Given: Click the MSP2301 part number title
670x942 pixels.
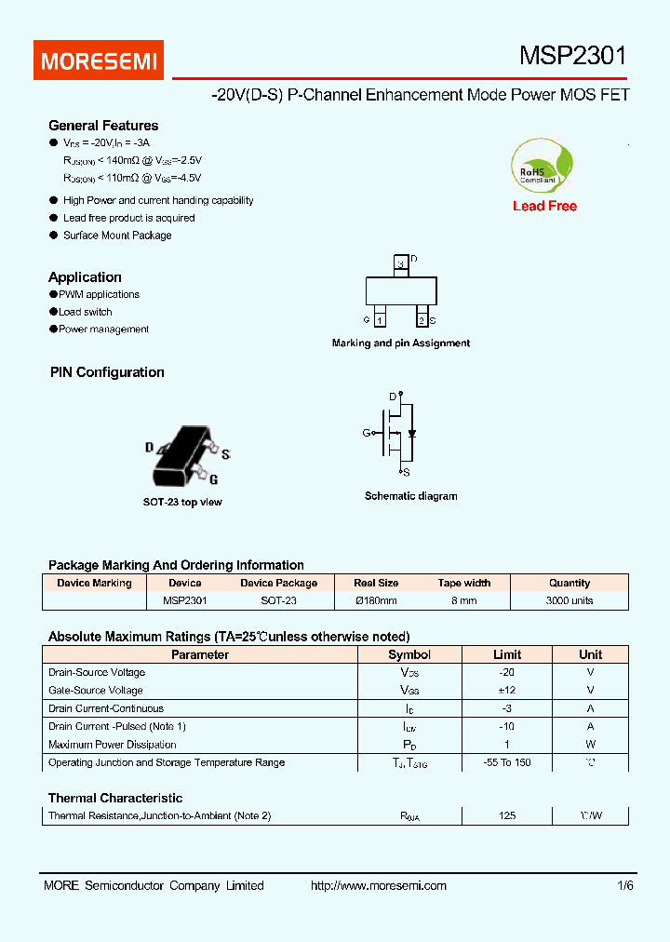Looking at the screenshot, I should point(572,57).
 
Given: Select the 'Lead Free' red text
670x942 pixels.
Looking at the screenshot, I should point(544,206).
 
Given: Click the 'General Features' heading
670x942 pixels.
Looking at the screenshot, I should point(103,126).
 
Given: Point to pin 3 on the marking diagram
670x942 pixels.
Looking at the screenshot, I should point(401,264).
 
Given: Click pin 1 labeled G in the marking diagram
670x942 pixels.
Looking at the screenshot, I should point(380,319).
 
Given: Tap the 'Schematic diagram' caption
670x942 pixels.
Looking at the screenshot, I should point(410,496).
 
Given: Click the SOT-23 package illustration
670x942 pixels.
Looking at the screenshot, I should point(182,457).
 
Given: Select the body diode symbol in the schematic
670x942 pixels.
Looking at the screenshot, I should point(412,434).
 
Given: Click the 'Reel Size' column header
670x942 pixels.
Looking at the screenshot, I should point(376,583).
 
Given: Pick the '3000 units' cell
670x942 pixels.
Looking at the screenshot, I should point(569,600).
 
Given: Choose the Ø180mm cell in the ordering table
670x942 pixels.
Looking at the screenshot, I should point(376,600).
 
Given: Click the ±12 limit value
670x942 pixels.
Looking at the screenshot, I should point(506,690).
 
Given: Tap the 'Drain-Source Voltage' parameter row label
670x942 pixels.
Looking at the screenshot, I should point(97,672).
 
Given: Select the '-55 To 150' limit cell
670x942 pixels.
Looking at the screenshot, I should point(506,762).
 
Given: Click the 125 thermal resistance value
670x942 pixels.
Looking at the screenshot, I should point(506,815).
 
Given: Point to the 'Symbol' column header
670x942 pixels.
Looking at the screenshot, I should point(409,654).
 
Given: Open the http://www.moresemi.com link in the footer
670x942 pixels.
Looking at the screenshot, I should point(378,885).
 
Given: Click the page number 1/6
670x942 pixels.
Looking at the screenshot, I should point(624,885).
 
